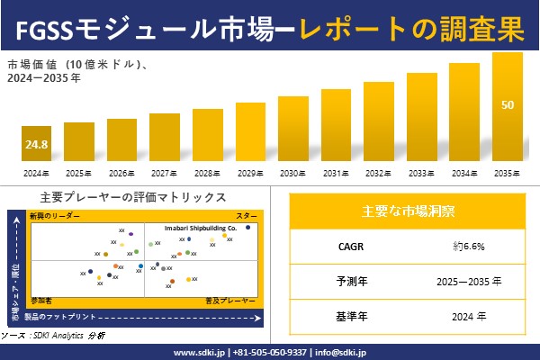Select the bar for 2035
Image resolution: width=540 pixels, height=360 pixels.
(x=508, y=108)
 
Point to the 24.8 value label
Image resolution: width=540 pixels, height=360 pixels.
(x=36, y=144)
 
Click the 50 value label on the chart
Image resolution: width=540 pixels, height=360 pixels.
(x=508, y=105)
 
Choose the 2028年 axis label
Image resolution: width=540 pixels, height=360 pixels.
(x=208, y=173)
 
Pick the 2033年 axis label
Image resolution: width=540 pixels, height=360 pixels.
(x=422, y=173)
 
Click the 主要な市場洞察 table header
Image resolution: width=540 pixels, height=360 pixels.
(x=408, y=211)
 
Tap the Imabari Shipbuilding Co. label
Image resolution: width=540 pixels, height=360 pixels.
(x=200, y=229)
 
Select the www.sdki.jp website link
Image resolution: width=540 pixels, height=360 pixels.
(x=200, y=352)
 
